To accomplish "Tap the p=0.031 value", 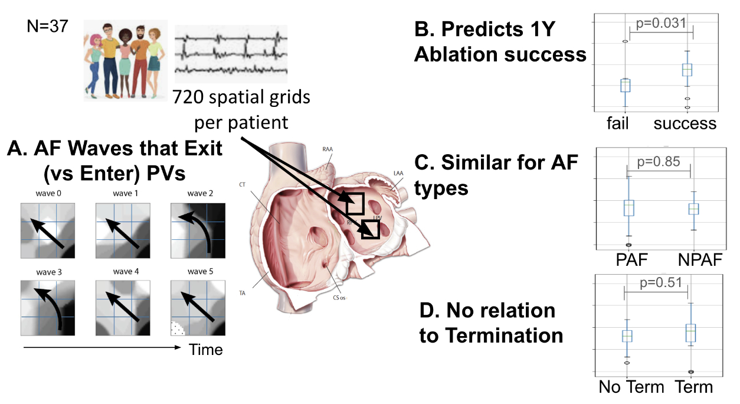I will [x=661, y=24].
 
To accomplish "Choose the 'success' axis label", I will [x=685, y=123].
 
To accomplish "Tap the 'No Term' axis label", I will [x=631, y=387].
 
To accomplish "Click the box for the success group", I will [x=687, y=70].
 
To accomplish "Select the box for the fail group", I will [x=626, y=86].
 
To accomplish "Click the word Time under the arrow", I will [x=206, y=350].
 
